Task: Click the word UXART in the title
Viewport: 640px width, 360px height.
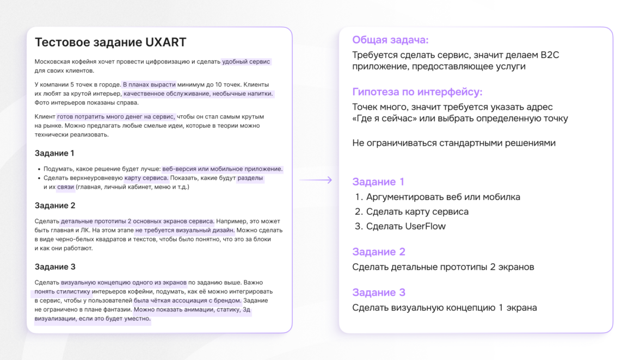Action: point(165,42)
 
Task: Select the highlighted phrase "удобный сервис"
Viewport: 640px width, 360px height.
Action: point(246,62)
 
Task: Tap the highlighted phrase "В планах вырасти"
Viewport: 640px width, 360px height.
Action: point(149,85)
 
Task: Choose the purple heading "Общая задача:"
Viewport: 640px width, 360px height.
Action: point(390,40)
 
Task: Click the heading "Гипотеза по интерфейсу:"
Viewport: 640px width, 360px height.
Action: point(417,92)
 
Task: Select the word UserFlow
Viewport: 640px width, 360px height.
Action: point(425,226)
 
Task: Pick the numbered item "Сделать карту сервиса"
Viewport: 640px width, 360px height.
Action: point(417,212)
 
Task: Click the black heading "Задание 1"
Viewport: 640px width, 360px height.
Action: point(54,153)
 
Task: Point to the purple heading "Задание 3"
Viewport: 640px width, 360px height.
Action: point(379,293)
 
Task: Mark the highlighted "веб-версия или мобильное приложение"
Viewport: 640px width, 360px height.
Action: point(223,169)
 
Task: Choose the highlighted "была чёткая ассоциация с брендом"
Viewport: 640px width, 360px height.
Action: point(187,301)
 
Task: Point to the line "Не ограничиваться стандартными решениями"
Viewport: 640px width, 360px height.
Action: point(454,143)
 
